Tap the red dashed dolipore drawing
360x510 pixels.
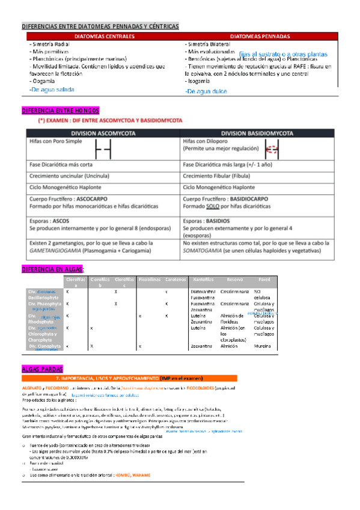pos(272,149)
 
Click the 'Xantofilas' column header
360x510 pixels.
pos(201,280)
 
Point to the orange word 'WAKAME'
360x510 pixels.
pos(141,475)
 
